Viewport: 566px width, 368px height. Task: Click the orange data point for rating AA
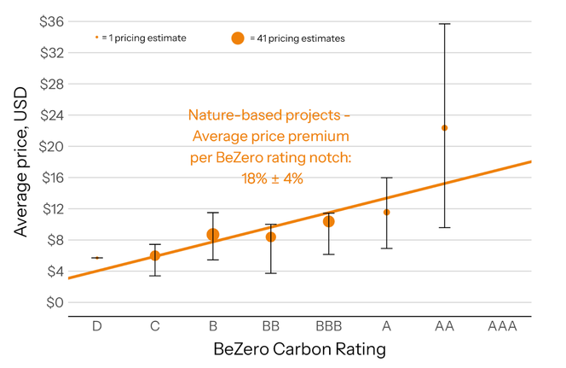coord(444,128)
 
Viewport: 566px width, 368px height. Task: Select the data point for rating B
coord(212,235)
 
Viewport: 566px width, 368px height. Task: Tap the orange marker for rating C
coord(155,255)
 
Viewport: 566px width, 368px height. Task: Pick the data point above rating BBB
coord(328,221)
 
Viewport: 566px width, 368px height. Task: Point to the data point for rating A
coord(386,212)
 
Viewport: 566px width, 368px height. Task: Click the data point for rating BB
coord(271,237)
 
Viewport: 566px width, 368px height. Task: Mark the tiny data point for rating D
coord(97,258)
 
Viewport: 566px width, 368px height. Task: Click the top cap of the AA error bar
coord(444,24)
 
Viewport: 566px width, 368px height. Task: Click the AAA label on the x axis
coord(502,326)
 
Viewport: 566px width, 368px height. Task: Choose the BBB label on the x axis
coord(328,326)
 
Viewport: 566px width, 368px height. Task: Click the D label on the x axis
coord(97,326)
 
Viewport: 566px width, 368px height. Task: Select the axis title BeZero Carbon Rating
coord(298,350)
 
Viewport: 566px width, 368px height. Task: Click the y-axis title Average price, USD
coord(20,162)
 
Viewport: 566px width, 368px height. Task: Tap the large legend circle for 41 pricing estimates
coord(238,38)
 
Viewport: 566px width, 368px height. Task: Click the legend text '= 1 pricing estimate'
coord(144,38)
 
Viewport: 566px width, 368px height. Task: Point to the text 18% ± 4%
coord(269,178)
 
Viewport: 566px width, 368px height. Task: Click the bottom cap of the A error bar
coord(386,248)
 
